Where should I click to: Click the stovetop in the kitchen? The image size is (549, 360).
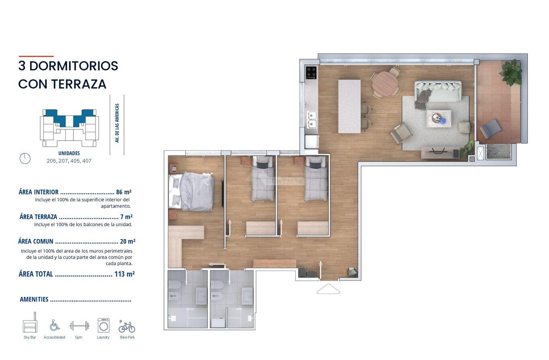pyautogui.click(x=311, y=72)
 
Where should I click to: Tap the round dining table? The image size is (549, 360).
pyautogui.click(x=385, y=84)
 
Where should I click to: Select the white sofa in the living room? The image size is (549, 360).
pyautogui.click(x=438, y=91)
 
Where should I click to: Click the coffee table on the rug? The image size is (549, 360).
pyautogui.click(x=439, y=119)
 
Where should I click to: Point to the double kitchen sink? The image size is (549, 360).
pyautogui.click(x=312, y=119)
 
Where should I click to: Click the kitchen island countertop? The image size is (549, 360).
pyautogui.click(x=349, y=106)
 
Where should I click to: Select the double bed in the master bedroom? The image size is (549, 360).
pyautogui.click(x=191, y=191)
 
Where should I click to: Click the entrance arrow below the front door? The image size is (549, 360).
pyautogui.click(x=328, y=289)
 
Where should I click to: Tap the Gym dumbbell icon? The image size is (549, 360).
pyautogui.click(x=79, y=326)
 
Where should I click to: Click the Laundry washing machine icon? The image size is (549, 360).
pyautogui.click(x=103, y=325)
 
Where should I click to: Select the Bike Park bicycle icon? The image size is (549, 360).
pyautogui.click(x=127, y=326)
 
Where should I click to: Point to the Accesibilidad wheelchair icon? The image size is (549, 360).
pyautogui.click(x=54, y=325)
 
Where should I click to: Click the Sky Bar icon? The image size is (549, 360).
pyautogui.click(x=30, y=322)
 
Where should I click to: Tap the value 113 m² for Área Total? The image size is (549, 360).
pyautogui.click(x=125, y=274)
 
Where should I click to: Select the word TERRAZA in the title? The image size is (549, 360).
pyautogui.click(x=79, y=84)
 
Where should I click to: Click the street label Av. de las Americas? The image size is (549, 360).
pyautogui.click(x=117, y=123)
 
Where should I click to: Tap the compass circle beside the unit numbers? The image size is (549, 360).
pyautogui.click(x=25, y=159)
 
